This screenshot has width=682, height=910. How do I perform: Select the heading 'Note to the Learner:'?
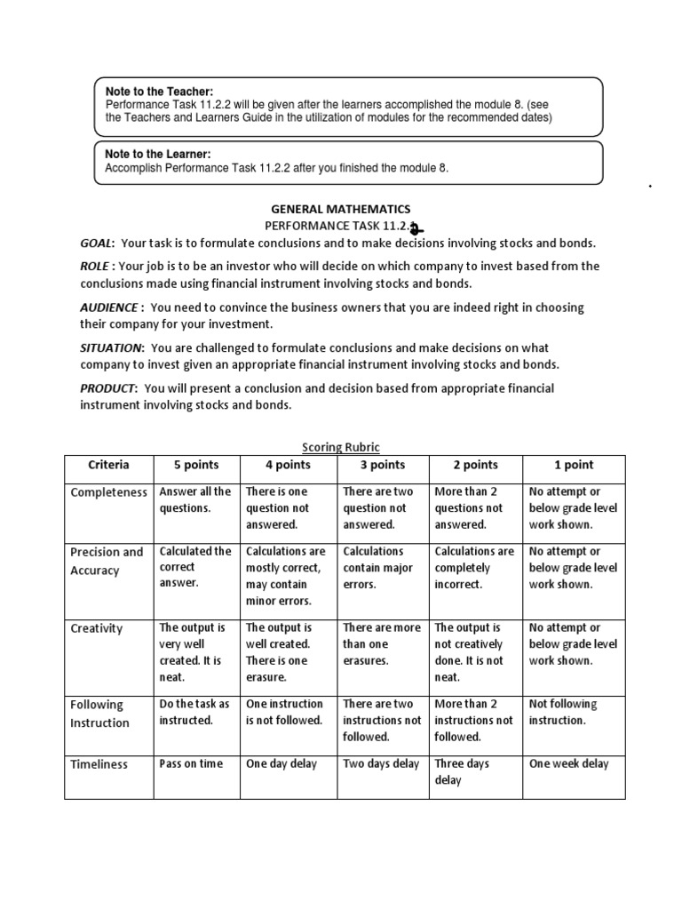point(158,155)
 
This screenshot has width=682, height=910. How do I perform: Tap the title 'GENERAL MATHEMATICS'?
point(340,209)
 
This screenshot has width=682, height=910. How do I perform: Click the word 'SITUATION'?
point(111,347)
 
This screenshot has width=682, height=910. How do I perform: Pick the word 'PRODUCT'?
point(107,388)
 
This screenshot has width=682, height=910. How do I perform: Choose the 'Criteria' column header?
point(108,465)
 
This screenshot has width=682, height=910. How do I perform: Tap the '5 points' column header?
point(195,465)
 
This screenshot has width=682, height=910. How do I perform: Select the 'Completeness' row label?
point(108,492)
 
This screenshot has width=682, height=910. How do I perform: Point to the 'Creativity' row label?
point(97,628)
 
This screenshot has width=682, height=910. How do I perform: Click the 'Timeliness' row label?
point(99,764)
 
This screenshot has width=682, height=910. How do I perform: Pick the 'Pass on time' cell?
point(191,763)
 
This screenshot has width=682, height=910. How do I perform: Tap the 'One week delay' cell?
point(569,763)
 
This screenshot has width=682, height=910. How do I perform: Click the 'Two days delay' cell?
point(381,763)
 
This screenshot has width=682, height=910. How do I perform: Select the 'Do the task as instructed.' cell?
point(194,712)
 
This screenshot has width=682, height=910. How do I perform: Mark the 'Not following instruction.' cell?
point(563,712)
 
